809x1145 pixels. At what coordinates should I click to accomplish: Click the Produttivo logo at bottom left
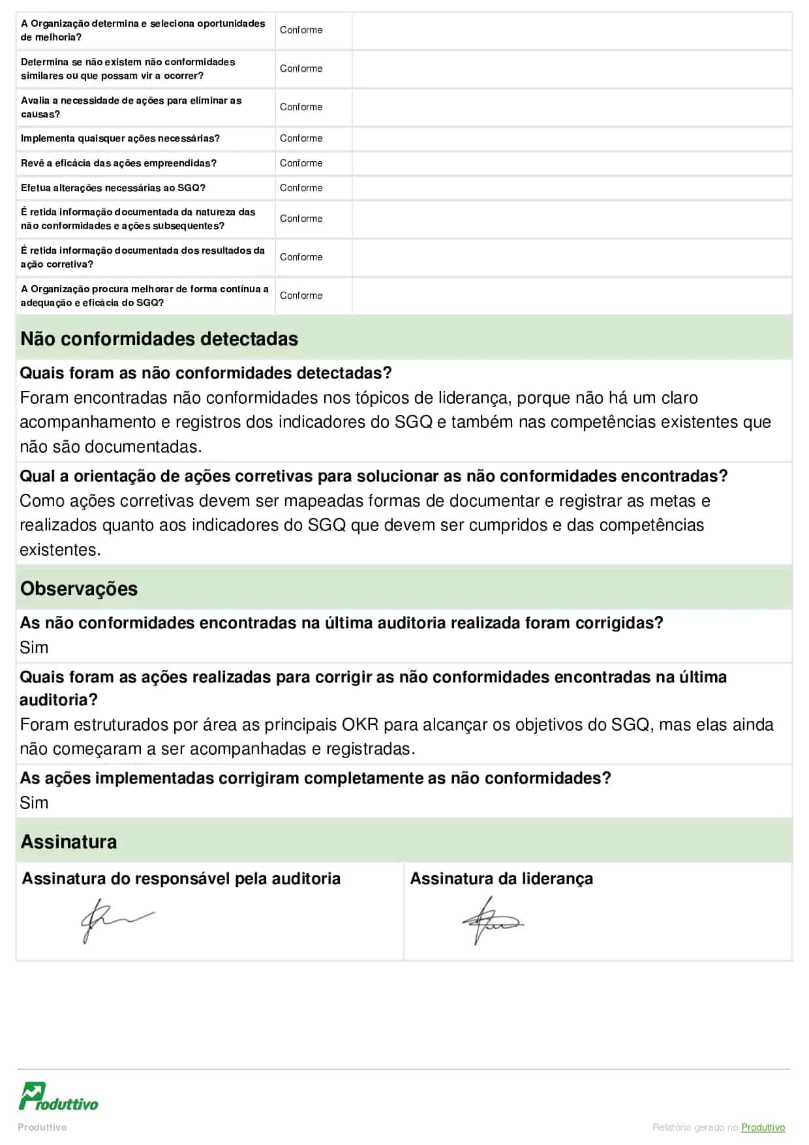pos(58,1097)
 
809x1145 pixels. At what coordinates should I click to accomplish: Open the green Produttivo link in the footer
pos(763,1127)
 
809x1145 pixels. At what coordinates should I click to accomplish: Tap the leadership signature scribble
pos(491,921)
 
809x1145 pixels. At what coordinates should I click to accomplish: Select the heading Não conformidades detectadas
pos(159,339)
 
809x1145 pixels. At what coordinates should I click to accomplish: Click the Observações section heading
pos(79,588)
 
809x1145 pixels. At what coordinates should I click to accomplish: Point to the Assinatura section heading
pos(69,842)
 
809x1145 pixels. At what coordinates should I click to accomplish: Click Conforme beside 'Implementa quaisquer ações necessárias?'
pos(301,138)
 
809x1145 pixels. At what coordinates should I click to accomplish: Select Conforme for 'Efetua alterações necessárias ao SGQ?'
pos(301,188)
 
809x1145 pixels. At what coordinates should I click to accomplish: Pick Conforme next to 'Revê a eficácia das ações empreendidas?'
pos(301,163)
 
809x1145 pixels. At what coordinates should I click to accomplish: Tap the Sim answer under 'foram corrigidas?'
pos(34,647)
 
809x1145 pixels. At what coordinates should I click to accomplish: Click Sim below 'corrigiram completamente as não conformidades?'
pos(34,802)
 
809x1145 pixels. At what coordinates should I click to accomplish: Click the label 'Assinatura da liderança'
pos(501,879)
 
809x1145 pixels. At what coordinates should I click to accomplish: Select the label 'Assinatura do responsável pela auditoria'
pos(181,879)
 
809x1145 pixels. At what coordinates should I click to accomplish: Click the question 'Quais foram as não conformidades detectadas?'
pos(206,373)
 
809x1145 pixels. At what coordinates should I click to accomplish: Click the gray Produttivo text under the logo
pos(42,1127)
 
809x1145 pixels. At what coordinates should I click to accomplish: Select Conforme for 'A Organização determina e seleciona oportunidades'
pos(301,30)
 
